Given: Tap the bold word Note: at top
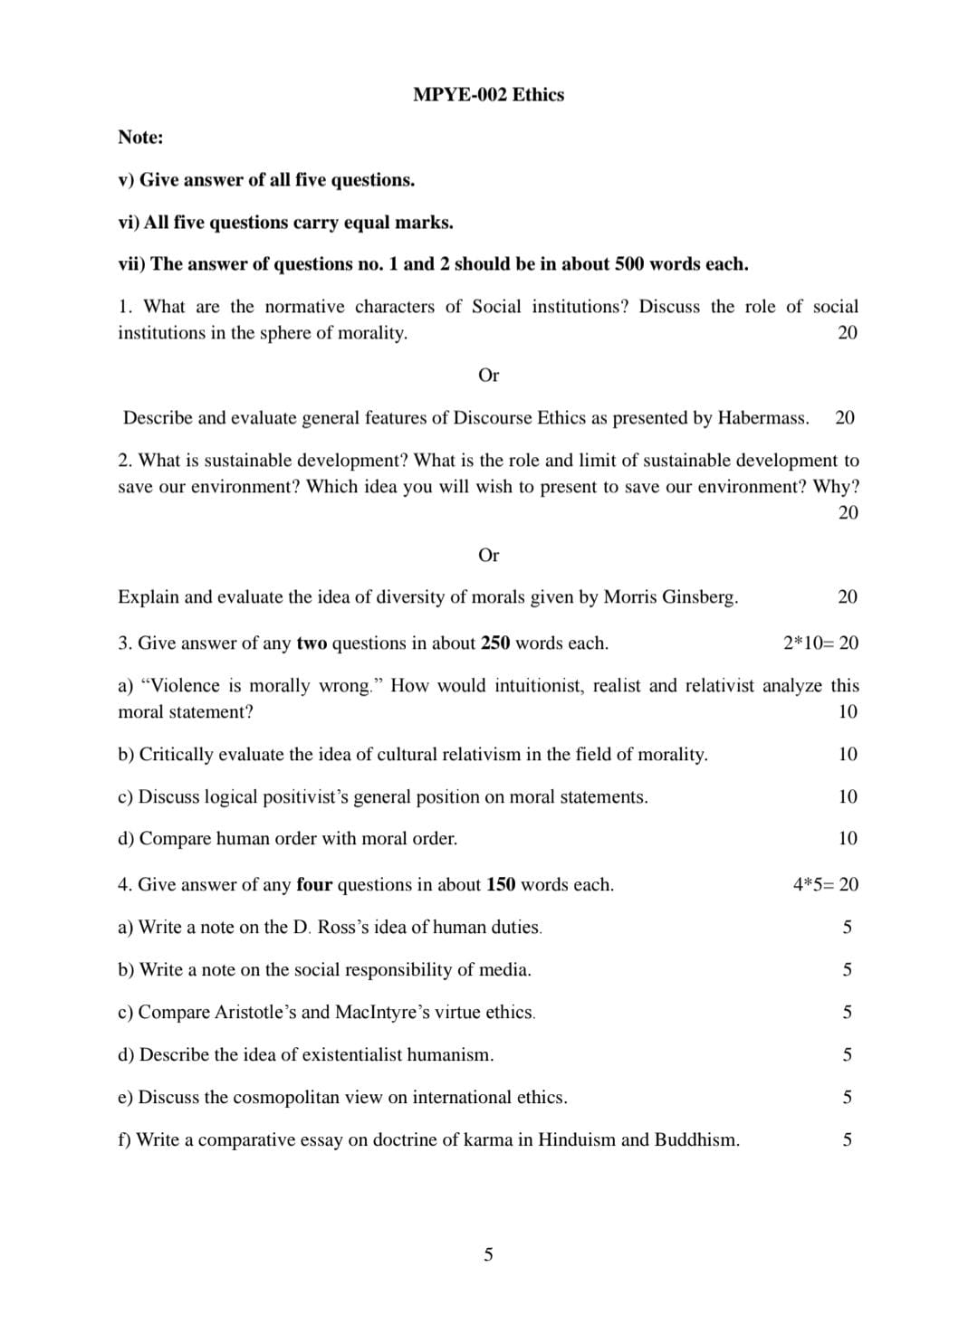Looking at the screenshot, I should [x=140, y=138].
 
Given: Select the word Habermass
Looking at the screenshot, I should [x=762, y=418].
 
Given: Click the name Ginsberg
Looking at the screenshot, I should [x=700, y=597].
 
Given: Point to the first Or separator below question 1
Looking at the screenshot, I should [x=488, y=375].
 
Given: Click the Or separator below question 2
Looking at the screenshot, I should [x=488, y=555].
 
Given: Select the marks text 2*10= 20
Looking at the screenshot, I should [x=820, y=643].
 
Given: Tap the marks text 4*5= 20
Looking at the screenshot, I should [x=825, y=885].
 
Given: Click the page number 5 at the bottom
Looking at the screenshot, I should [x=488, y=1254].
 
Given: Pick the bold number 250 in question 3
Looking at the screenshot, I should [x=495, y=643].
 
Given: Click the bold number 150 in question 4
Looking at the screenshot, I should [x=501, y=885].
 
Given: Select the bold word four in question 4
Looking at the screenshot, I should [x=314, y=885].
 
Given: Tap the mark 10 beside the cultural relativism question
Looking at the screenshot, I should [x=848, y=755].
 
